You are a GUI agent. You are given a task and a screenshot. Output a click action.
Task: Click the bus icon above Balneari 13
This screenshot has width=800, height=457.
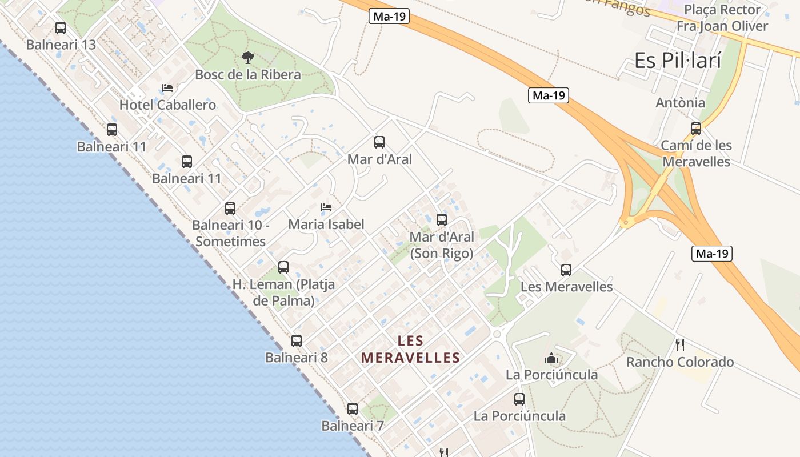[x=61, y=27]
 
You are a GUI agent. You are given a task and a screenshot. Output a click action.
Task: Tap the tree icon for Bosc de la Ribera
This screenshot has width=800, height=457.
[x=247, y=57]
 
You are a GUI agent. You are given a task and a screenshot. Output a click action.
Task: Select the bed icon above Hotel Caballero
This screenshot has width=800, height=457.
[x=167, y=88]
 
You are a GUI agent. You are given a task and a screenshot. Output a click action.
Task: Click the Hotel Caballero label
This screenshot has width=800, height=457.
[x=167, y=105]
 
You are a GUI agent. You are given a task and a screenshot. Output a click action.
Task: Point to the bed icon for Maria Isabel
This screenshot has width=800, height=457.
[x=326, y=207]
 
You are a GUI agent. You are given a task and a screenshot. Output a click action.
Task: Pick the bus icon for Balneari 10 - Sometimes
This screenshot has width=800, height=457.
[x=230, y=208]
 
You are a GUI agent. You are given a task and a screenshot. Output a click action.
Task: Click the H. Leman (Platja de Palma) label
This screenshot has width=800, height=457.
[x=283, y=292]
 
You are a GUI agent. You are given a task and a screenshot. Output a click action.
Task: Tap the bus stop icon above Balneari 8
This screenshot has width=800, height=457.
[x=297, y=341]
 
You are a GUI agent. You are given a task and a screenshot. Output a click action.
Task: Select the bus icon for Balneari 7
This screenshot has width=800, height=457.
[x=353, y=409]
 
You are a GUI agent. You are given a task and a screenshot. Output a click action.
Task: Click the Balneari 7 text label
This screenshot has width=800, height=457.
[x=353, y=426]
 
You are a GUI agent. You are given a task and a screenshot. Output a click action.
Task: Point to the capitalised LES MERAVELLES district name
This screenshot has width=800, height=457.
[x=410, y=350]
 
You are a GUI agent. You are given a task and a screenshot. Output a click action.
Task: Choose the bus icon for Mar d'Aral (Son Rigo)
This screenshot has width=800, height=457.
[x=442, y=219]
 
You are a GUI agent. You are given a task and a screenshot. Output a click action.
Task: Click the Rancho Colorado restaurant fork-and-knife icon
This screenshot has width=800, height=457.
[x=680, y=344]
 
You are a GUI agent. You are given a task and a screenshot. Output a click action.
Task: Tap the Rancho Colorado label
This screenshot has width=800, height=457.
[x=680, y=362]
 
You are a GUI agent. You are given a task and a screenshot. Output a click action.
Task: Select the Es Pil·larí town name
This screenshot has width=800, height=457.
[x=678, y=61]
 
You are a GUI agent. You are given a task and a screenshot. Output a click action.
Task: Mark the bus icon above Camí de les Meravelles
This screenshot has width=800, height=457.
[x=696, y=128]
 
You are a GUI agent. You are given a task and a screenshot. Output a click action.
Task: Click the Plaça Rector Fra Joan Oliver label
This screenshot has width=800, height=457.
[x=722, y=18]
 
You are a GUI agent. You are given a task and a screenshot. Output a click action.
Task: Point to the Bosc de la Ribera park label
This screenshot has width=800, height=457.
[x=248, y=75]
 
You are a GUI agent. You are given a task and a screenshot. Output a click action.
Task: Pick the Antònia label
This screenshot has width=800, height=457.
[x=680, y=103]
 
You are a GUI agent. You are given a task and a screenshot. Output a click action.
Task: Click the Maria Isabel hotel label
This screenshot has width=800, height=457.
[x=326, y=225]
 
